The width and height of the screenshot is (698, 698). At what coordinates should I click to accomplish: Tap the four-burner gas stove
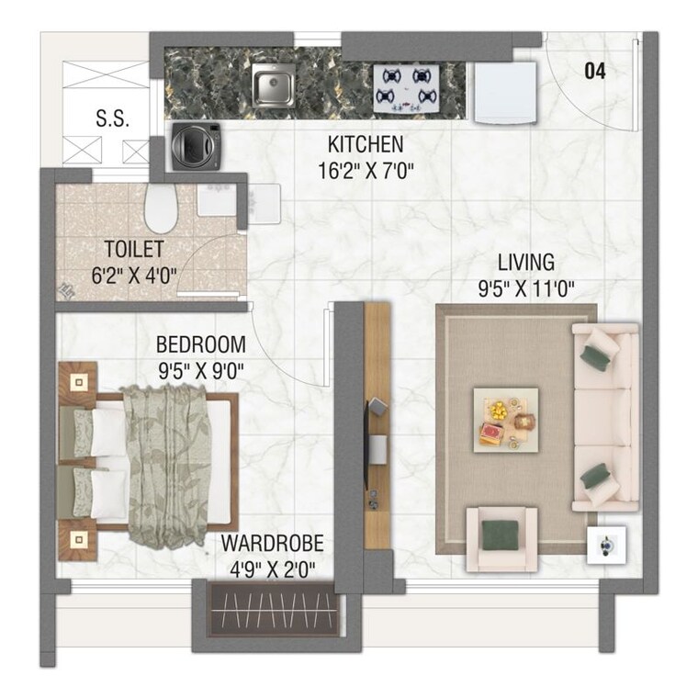[404, 86]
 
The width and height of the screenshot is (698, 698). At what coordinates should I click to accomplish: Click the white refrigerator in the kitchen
[503, 92]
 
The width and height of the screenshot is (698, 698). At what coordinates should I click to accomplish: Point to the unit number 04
[595, 71]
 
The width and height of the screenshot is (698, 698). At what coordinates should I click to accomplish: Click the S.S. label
[113, 118]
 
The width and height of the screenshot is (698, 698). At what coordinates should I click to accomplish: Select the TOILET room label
[134, 250]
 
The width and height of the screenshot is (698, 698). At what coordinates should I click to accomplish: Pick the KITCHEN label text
[365, 145]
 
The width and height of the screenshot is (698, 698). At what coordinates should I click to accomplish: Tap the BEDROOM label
[200, 345]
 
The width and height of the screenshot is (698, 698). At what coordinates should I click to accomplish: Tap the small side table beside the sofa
[608, 544]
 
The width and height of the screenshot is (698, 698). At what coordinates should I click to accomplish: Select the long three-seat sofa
[602, 415]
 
